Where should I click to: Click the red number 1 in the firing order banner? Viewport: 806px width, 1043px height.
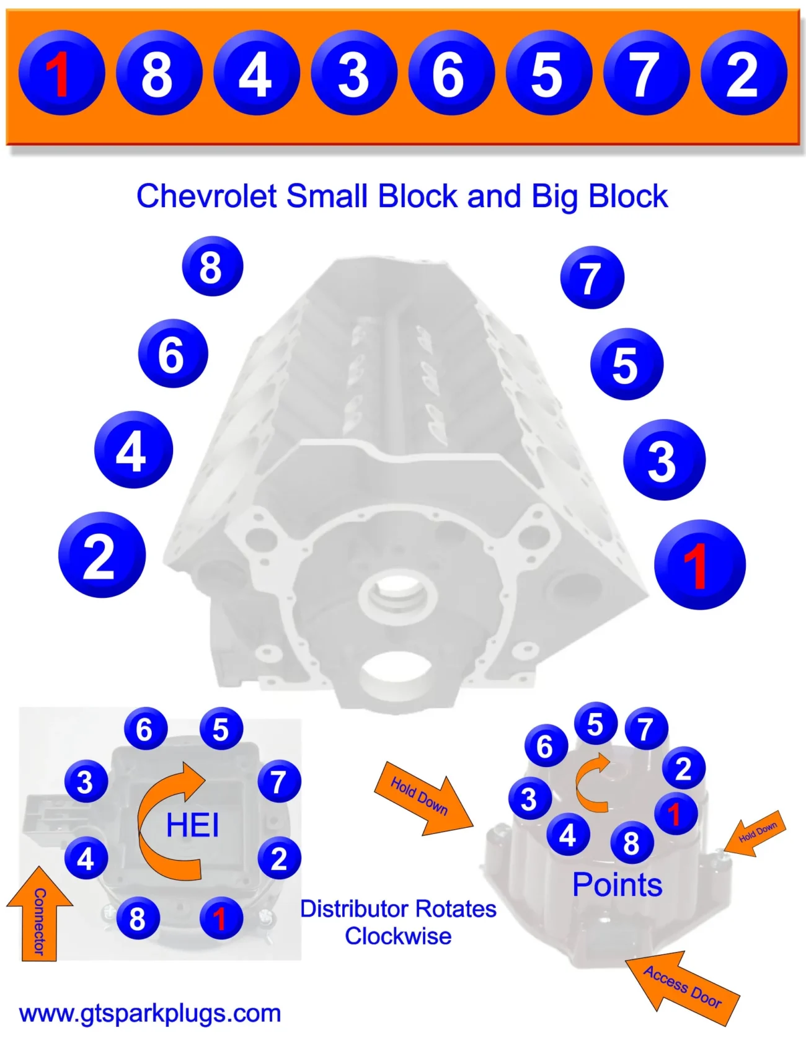coord(60,73)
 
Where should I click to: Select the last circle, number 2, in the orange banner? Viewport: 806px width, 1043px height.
coord(743,73)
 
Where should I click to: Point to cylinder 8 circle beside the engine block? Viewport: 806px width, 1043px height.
coord(212,267)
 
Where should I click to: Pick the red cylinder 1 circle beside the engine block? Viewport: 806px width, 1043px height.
coord(699,564)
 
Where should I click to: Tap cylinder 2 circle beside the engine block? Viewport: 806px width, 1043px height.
coord(102,555)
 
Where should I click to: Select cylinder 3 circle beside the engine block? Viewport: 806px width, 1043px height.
coord(663,460)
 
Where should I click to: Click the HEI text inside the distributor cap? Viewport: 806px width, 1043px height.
coord(192,825)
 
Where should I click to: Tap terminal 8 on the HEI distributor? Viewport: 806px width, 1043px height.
coord(138,918)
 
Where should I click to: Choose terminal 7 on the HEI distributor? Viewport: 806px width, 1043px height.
coord(279,781)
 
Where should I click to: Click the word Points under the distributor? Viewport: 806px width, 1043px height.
coord(617,884)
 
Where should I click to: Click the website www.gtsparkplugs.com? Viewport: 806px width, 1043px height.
coord(150,1013)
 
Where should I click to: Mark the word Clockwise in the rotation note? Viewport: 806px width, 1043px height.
coord(398,936)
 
